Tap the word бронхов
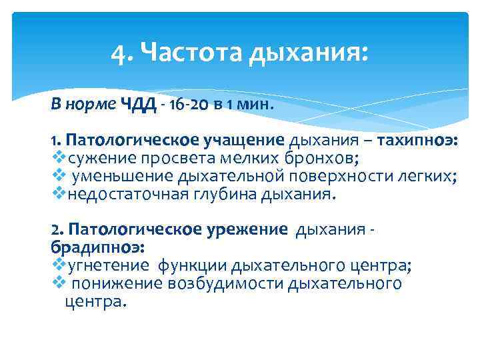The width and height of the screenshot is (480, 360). pyautogui.click(x=323, y=159)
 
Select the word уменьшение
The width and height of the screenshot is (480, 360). pyautogui.click(x=123, y=177)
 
